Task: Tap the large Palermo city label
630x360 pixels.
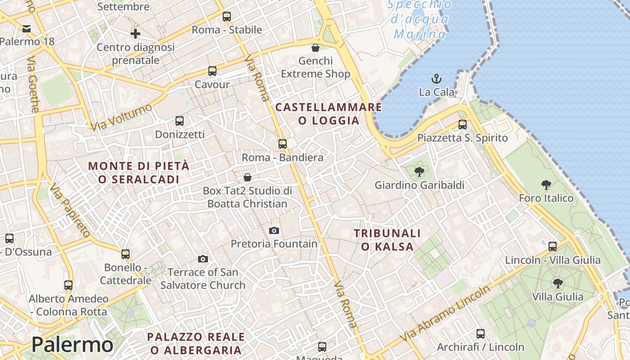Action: pyautogui.click(x=72, y=345)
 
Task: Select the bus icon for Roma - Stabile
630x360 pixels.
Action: pyautogui.click(x=227, y=17)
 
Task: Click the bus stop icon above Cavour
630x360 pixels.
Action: pyautogui.click(x=212, y=71)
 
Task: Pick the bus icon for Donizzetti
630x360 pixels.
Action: pyautogui.click(x=180, y=121)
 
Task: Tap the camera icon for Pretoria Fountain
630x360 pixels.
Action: pyautogui.click(x=274, y=231)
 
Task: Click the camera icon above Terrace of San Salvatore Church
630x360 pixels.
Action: pyautogui.click(x=203, y=259)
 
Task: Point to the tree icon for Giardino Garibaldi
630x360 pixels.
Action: pyautogui.click(x=419, y=171)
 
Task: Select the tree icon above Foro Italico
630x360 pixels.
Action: pyautogui.click(x=546, y=184)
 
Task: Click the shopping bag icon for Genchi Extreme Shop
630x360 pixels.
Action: pyautogui.click(x=315, y=48)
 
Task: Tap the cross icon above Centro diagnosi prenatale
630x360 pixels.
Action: pyautogui.click(x=135, y=34)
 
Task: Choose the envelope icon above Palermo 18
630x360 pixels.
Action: pyautogui.click(x=27, y=29)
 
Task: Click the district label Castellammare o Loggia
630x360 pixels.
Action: pyautogui.click(x=328, y=114)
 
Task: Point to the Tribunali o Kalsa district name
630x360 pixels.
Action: pyautogui.click(x=387, y=240)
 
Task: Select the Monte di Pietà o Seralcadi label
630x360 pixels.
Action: pyautogui.click(x=139, y=172)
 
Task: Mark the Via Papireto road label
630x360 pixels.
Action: pyautogui.click(x=70, y=210)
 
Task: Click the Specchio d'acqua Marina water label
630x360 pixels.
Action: pyautogui.click(x=419, y=19)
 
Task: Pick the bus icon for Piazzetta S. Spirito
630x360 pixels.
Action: pyautogui.click(x=463, y=125)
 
